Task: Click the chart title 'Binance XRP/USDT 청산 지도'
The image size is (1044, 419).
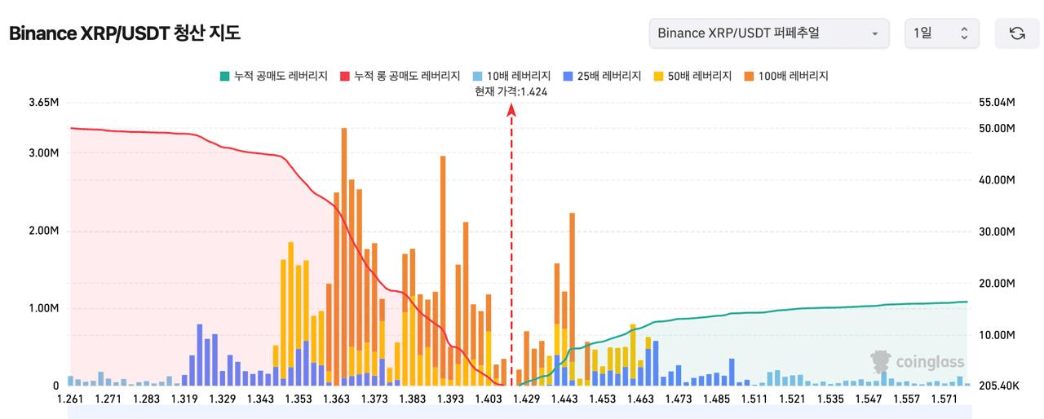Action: click(125, 33)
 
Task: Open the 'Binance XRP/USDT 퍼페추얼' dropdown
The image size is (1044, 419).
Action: click(769, 33)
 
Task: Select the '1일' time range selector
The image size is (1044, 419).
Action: click(941, 33)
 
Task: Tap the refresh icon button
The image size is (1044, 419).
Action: click(1017, 33)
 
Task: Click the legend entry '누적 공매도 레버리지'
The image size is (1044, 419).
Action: click(274, 76)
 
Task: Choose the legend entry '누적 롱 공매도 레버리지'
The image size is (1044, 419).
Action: click(400, 76)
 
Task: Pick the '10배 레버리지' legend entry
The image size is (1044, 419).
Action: click(511, 76)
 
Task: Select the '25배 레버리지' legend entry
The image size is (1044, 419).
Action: click(602, 76)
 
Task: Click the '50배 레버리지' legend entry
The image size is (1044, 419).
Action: click(692, 76)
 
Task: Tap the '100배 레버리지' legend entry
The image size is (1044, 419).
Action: click(786, 76)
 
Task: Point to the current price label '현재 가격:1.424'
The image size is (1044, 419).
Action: click(511, 92)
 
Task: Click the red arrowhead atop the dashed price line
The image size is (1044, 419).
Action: click(511, 110)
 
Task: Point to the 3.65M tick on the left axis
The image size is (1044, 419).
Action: click(44, 103)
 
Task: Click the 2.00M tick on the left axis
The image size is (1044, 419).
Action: click(44, 231)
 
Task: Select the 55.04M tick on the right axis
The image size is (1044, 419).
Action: click(997, 103)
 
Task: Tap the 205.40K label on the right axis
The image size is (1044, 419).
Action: click(999, 386)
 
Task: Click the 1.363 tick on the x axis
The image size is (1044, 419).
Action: click(337, 399)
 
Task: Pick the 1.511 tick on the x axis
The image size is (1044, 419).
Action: click(754, 399)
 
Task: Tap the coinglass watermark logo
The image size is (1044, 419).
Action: click(917, 362)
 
